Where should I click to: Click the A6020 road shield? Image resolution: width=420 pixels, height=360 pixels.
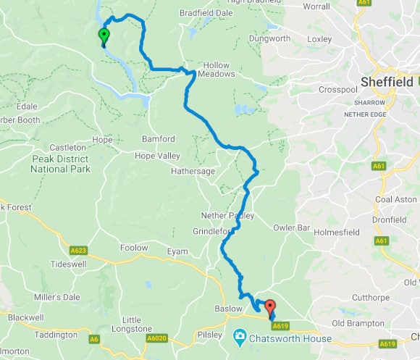[x=156, y=338]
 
